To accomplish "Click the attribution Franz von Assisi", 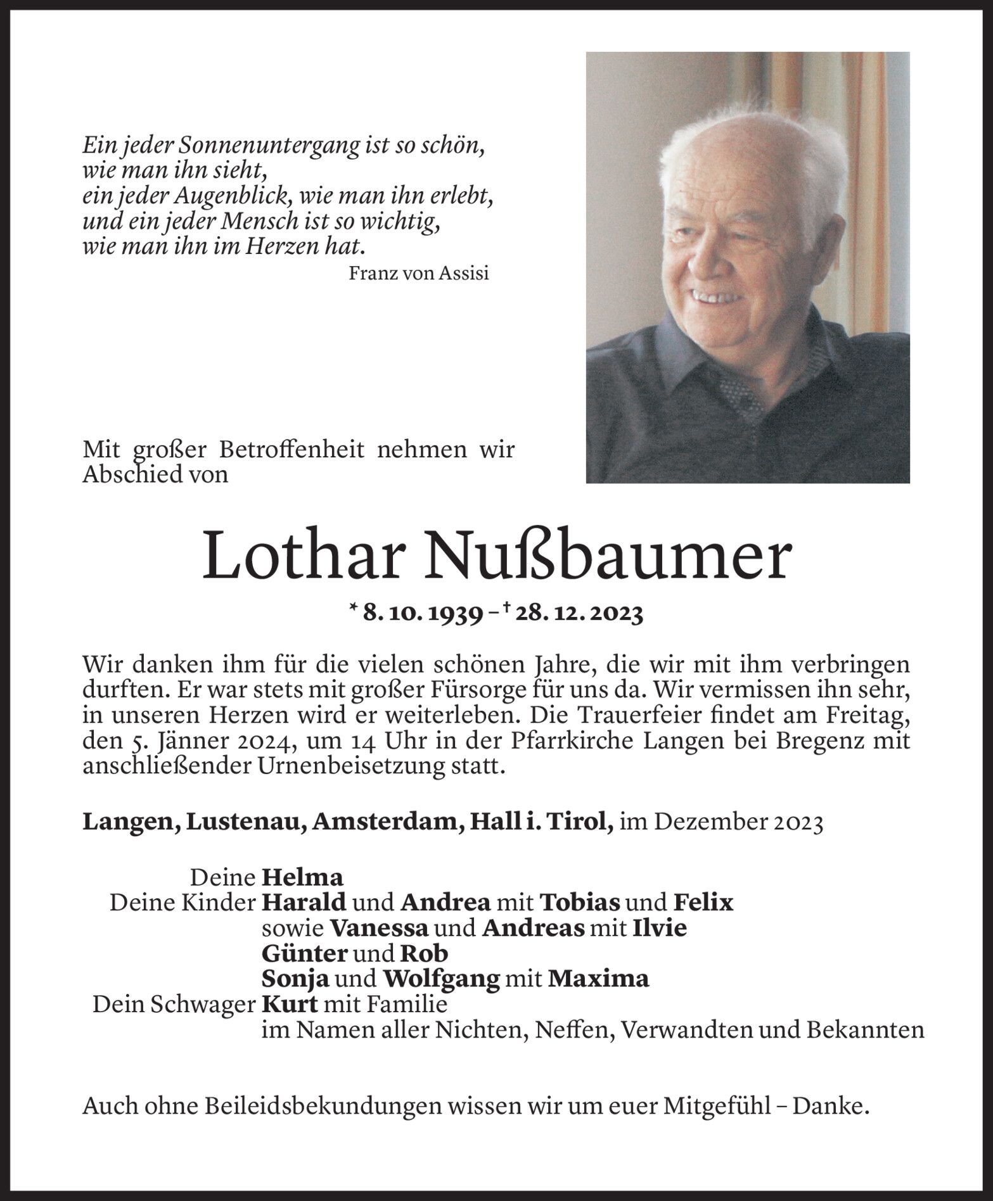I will pyautogui.click(x=418, y=273).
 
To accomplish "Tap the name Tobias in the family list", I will pyautogui.click(x=579, y=902).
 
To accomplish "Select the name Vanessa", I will pyautogui.click(x=379, y=928).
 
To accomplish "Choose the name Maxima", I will pyautogui.click(x=598, y=979).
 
